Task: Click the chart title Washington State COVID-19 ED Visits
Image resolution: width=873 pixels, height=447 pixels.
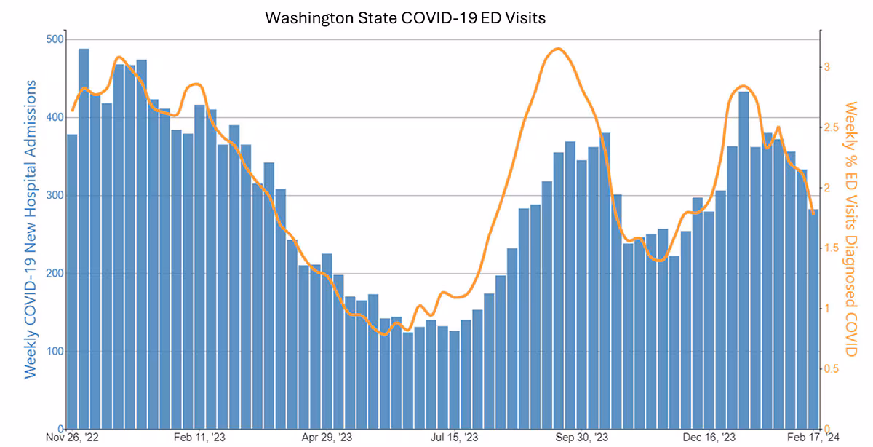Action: (x=404, y=17)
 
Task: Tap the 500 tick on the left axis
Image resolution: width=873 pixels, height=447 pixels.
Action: (x=53, y=39)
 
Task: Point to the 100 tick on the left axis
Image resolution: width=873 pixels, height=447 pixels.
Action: (x=53, y=351)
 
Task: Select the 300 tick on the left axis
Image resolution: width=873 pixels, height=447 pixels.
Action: (x=53, y=195)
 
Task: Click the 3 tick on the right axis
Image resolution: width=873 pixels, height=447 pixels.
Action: (x=826, y=67)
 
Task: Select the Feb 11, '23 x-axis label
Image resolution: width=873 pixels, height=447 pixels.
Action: (x=199, y=438)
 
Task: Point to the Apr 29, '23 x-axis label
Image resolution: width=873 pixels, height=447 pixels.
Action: (x=327, y=438)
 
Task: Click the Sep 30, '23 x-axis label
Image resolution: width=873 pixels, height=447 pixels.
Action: (x=581, y=438)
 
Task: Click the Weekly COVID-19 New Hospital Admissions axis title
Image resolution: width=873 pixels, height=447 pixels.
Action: (x=31, y=229)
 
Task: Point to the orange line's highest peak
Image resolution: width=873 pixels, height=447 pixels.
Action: (x=557, y=49)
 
